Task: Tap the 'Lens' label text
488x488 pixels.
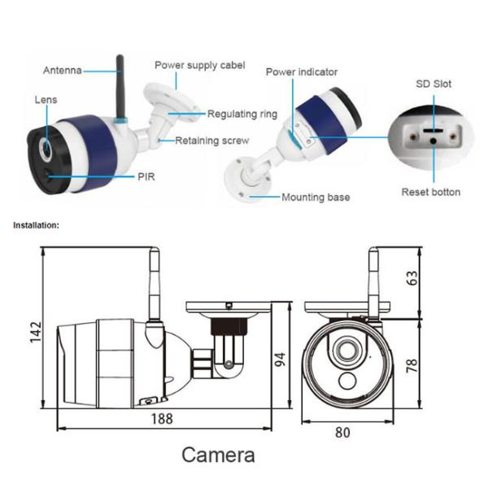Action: [x=46, y=99]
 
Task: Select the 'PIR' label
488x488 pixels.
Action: [x=148, y=176]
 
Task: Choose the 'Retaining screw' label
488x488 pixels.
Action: [x=212, y=141]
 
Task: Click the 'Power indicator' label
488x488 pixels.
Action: [x=303, y=72]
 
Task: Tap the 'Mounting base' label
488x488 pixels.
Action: [x=316, y=197]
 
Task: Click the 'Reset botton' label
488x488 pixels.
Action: [x=431, y=192]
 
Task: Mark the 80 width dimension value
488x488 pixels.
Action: [x=342, y=432]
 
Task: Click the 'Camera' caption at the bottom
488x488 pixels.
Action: [x=218, y=455]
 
